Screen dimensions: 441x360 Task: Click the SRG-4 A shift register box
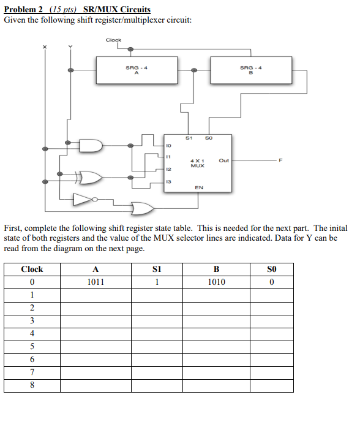tap(136, 70)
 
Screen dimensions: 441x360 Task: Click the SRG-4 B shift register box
tap(250, 70)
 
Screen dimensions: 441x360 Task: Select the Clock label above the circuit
tap(113, 40)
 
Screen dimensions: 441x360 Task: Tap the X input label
tap(43, 48)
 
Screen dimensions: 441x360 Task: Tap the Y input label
tap(70, 48)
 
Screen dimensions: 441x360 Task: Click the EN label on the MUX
tap(199, 188)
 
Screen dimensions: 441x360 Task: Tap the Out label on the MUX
tap(223, 161)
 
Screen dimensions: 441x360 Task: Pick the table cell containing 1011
tap(96, 282)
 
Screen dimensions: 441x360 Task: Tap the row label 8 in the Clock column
tap(32, 385)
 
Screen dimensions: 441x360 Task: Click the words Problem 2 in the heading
tap(23, 10)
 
